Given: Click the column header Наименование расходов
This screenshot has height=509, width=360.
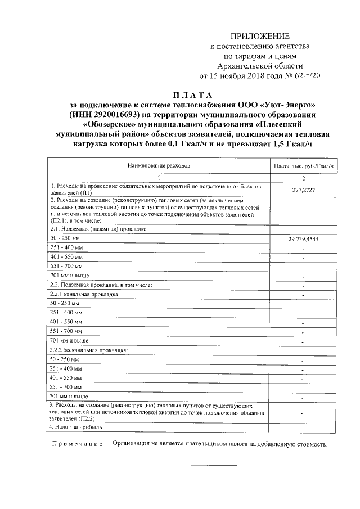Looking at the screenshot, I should tap(159, 166).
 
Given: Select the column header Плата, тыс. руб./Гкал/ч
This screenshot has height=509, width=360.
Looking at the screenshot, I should tap(304, 166).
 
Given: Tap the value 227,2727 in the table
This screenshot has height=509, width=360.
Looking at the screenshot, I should tap(304, 190).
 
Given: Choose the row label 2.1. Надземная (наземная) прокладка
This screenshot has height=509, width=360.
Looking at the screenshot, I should tap(98, 229).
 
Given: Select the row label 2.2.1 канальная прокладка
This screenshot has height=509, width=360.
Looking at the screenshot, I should tap(85, 294).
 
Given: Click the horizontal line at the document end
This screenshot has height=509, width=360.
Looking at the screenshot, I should tap(190, 465).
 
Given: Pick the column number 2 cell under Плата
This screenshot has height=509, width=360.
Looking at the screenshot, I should tap(304, 178).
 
